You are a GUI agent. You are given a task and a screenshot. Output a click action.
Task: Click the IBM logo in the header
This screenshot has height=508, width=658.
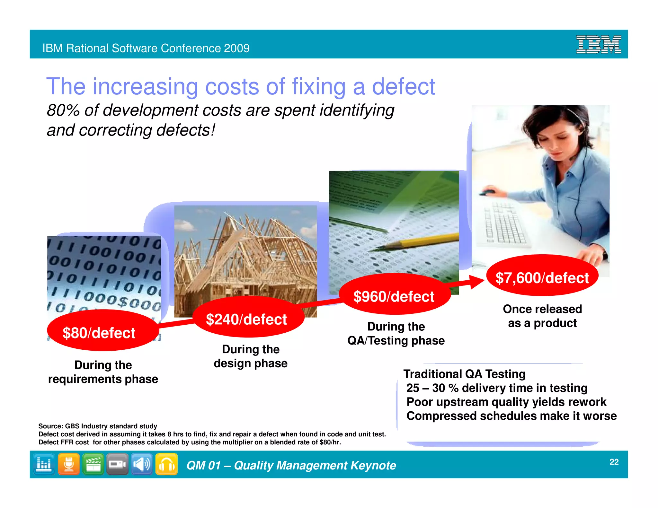tap(598, 45)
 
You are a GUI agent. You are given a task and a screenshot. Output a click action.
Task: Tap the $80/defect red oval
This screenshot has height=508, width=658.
tap(99, 332)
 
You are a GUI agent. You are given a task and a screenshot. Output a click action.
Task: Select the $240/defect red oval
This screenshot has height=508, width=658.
tap(246, 319)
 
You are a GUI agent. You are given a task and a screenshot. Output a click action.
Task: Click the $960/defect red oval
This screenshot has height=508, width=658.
tap(394, 296)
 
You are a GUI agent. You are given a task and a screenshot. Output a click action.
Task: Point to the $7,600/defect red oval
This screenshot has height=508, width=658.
tap(542, 277)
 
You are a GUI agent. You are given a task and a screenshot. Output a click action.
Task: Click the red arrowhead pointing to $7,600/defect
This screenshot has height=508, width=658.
tap(477, 282)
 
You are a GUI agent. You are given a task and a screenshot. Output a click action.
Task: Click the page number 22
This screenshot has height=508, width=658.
tap(614, 462)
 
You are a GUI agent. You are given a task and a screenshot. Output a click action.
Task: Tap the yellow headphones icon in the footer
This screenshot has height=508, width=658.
tap(166, 464)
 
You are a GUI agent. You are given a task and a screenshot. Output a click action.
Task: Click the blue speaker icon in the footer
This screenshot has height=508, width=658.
tap(142, 464)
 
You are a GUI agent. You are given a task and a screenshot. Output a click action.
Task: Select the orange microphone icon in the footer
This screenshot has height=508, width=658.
tap(69, 464)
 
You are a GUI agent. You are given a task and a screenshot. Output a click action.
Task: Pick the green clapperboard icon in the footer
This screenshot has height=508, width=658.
tap(93, 464)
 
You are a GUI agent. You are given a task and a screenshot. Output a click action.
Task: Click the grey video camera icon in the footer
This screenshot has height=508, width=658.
tap(117, 464)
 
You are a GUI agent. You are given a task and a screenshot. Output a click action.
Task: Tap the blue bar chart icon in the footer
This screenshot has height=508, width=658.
tap(44, 464)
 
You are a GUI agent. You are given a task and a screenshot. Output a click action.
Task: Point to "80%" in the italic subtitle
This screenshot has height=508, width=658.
tap(63, 110)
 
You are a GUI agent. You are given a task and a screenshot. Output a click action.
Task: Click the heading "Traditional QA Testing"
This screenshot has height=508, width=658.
tap(464, 374)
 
